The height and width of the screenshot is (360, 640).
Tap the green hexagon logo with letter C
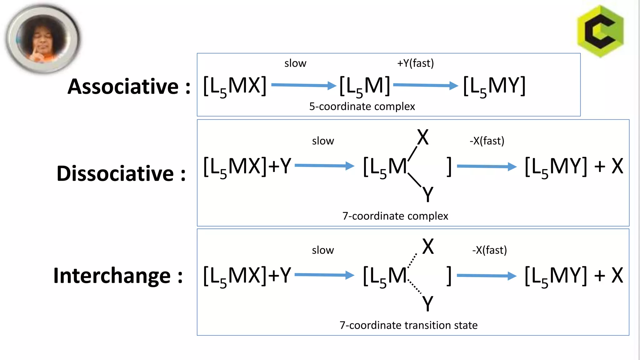[600, 31]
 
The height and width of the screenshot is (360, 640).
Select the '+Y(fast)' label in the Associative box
[415, 63]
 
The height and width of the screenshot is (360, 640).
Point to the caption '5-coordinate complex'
[362, 107]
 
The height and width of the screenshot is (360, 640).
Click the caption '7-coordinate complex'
[395, 216]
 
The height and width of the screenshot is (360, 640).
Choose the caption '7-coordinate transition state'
[408, 325]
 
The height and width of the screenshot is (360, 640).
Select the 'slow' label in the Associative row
[295, 63]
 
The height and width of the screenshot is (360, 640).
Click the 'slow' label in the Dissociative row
[323, 141]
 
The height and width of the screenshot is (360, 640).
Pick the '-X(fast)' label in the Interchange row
[489, 250]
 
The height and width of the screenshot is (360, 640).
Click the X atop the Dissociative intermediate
[423, 137]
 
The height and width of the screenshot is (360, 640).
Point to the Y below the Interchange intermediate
[428, 303]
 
